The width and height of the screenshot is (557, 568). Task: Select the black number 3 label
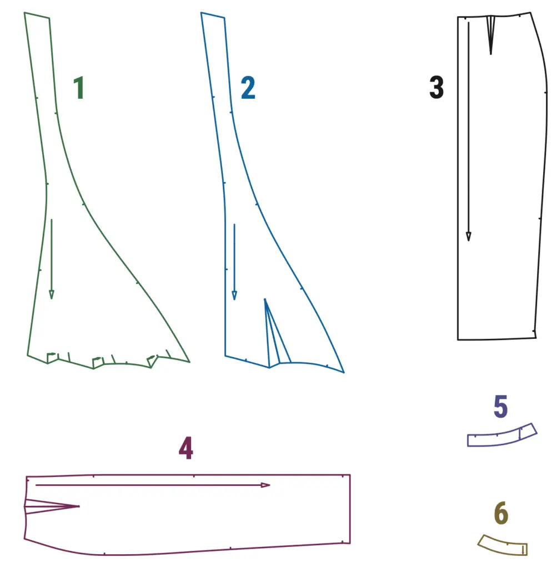tap(436, 87)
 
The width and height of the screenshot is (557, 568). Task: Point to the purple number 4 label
tap(186, 448)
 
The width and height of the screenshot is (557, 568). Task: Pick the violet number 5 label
tap(501, 407)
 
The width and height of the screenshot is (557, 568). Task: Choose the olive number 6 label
tap(501, 513)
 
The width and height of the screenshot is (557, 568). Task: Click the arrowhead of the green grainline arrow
tap(52, 295)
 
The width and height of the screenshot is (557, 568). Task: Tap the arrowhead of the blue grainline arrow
tap(234, 295)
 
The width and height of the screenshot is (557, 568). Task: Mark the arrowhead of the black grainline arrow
tap(469, 236)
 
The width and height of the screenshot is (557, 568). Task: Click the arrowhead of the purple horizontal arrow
tap(265, 485)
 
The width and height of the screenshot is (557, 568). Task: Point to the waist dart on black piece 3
tap(491, 35)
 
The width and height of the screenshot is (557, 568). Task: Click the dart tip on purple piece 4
tap(79, 506)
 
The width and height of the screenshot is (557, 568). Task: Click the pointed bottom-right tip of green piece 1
tap(189, 362)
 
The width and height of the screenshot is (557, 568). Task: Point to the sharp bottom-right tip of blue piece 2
tap(344, 372)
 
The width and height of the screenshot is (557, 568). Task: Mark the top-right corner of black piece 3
tap(530, 13)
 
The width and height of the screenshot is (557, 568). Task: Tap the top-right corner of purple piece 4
tap(350, 475)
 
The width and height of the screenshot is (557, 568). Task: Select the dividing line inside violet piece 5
tap(520, 434)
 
